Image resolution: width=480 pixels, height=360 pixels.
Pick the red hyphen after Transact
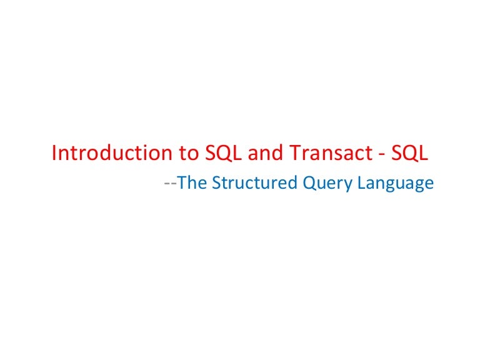pos(376,155)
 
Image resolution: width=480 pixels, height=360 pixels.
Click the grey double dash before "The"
pos(170,184)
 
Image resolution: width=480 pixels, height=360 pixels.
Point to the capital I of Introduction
pos(54,154)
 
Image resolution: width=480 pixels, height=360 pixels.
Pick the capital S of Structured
pos(216,183)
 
